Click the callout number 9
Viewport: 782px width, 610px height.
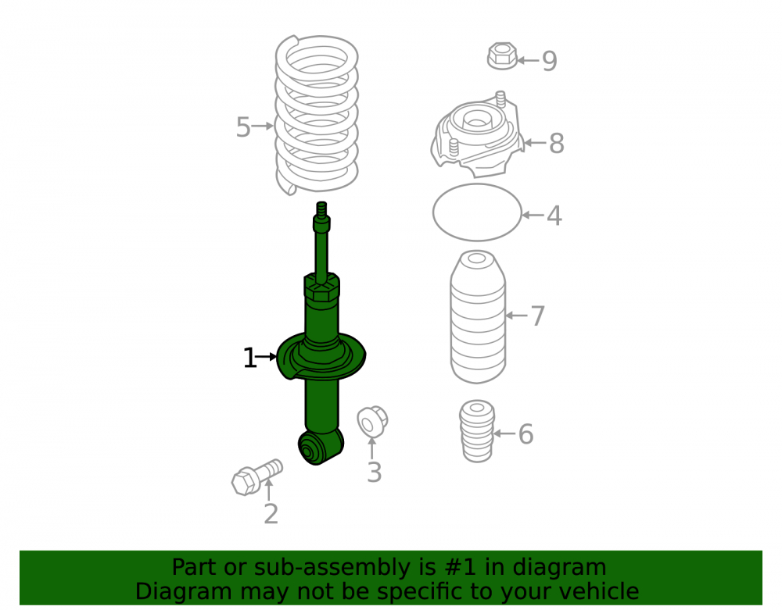click(549, 61)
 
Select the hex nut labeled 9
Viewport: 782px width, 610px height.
click(502, 55)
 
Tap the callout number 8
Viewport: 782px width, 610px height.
click(556, 144)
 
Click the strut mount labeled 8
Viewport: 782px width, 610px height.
click(477, 135)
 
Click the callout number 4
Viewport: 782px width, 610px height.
click(554, 216)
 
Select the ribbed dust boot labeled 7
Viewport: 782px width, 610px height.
click(478, 317)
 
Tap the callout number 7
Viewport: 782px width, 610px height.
click(537, 316)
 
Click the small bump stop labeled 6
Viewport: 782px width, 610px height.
click(477, 430)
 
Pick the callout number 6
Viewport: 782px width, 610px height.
click(526, 434)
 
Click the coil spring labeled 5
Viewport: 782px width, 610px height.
click(317, 115)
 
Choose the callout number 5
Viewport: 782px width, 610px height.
click(243, 127)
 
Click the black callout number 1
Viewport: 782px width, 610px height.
click(249, 358)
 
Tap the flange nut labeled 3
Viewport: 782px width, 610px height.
click(372, 422)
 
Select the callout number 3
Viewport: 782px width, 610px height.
click(374, 473)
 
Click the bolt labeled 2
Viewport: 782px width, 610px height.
click(256, 477)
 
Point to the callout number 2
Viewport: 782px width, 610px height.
click(271, 514)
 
